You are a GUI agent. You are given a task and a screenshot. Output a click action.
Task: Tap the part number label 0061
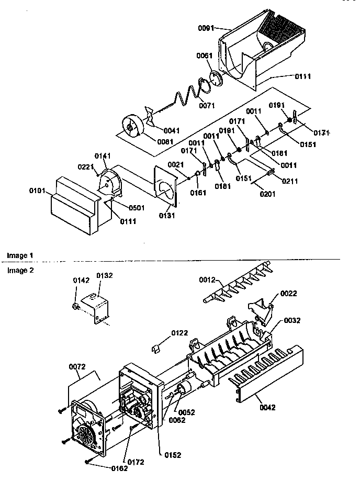(x=205, y=57)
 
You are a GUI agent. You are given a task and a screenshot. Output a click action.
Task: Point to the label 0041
(x=171, y=131)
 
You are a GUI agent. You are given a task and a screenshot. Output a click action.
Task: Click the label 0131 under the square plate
(x=166, y=215)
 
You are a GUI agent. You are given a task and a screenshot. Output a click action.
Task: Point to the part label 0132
(x=104, y=275)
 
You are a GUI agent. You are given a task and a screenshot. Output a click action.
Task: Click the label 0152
(x=172, y=455)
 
